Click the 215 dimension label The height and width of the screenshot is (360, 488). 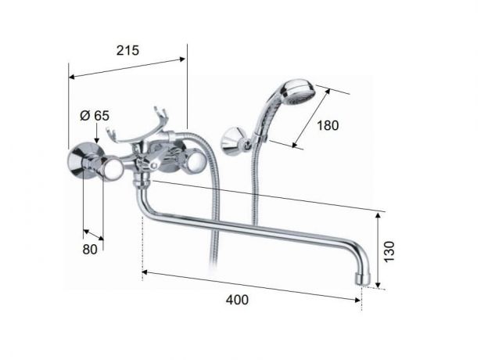(127, 50)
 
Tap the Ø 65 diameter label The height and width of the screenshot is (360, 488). (95, 116)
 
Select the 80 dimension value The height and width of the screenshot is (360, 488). (90, 250)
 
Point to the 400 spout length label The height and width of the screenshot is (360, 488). (237, 300)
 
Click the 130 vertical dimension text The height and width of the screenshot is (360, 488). (389, 252)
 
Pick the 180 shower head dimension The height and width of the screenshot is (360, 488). (328, 125)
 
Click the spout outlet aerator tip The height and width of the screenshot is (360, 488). (363, 279)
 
